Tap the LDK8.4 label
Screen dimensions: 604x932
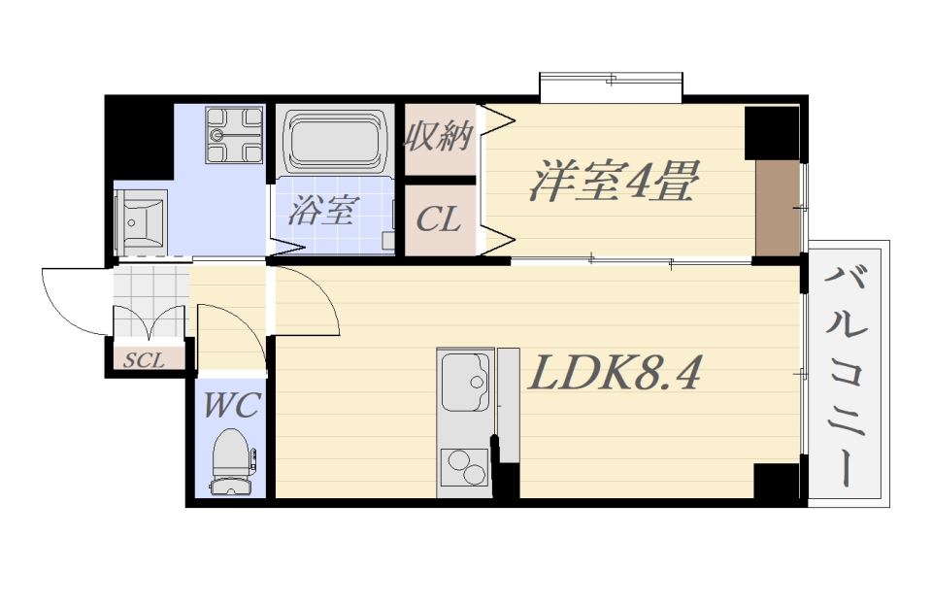click(613, 374)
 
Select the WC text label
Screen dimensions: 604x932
click(232, 405)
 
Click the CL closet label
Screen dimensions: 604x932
click(438, 220)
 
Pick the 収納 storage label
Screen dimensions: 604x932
click(438, 137)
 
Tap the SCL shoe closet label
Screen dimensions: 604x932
click(145, 359)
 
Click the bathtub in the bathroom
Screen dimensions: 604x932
click(333, 143)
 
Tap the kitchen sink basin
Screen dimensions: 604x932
click(465, 382)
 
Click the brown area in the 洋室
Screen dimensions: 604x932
click(778, 209)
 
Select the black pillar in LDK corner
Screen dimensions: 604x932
click(777, 481)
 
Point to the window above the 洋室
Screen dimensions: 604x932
click(612, 84)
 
